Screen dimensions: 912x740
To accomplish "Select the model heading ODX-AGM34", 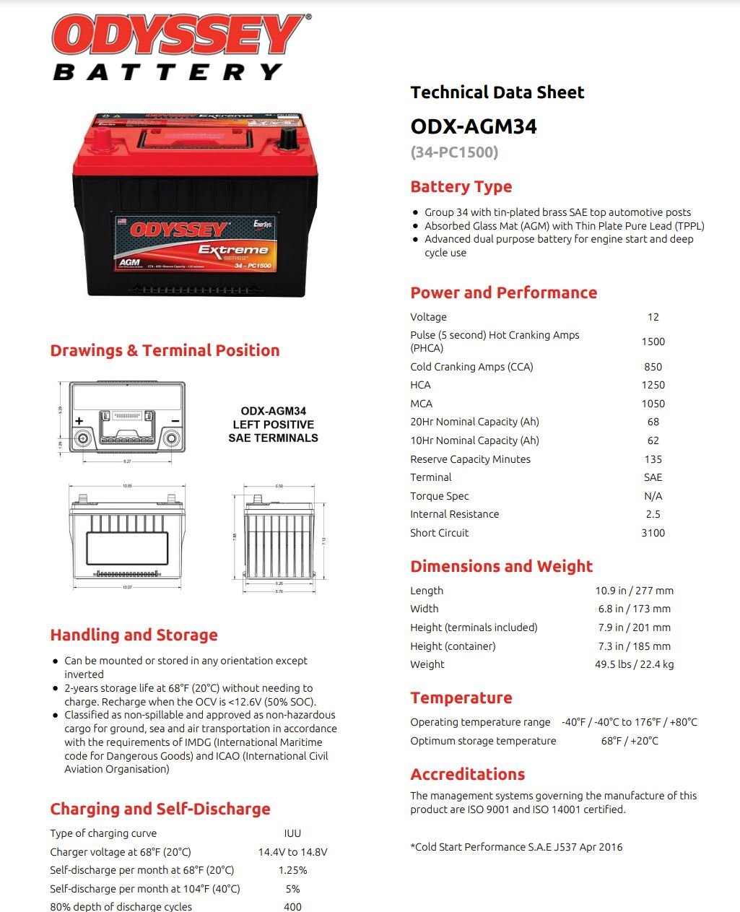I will [474, 126].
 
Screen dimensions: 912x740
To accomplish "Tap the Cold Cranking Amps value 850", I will [653, 367].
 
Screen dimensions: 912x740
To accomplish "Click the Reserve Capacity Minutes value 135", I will [653, 459].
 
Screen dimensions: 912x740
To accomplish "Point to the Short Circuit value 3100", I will [653, 533].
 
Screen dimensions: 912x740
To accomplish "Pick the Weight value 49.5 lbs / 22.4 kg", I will [634, 664].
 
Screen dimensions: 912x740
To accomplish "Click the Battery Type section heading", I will [461, 186].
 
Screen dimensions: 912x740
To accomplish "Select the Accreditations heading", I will [467, 774].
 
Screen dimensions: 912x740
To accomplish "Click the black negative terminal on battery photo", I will [287, 137].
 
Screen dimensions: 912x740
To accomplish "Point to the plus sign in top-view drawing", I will [79, 421].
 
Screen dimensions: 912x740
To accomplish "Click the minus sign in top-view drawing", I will [175, 421].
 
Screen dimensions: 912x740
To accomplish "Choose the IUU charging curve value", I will [292, 833].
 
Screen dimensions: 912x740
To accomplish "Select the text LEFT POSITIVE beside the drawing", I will [273, 425].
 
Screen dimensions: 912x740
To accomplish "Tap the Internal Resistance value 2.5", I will [653, 514].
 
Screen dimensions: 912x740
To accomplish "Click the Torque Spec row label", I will [439, 496].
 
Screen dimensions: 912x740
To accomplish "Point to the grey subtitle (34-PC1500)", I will [454, 152].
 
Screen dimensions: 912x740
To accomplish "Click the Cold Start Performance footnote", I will [516, 847].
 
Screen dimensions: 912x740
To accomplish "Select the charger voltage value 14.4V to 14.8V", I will [292, 852].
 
